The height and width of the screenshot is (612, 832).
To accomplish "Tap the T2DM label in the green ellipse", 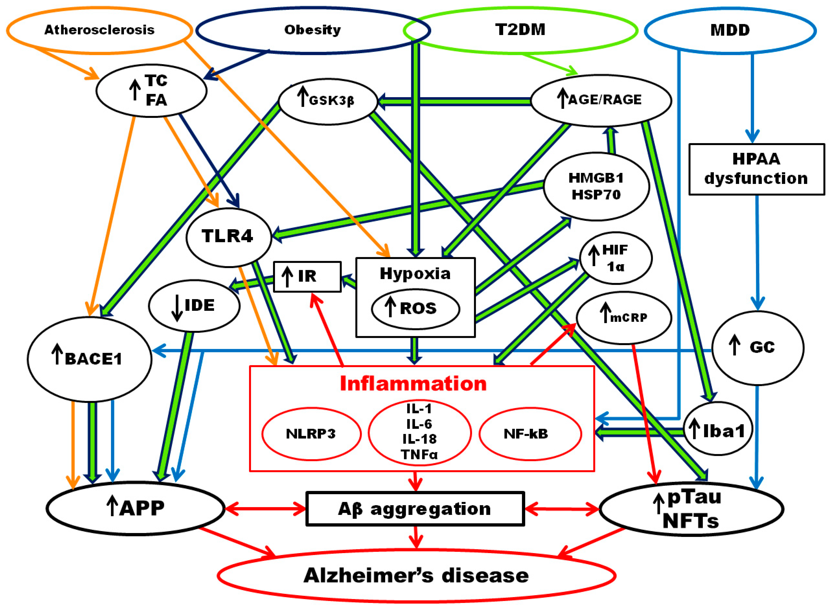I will [520, 30].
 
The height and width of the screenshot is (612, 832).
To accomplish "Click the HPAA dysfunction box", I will [756, 169].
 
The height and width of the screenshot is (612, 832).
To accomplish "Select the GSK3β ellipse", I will [328, 100].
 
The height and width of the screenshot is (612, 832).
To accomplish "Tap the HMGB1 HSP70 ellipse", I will [596, 186].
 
